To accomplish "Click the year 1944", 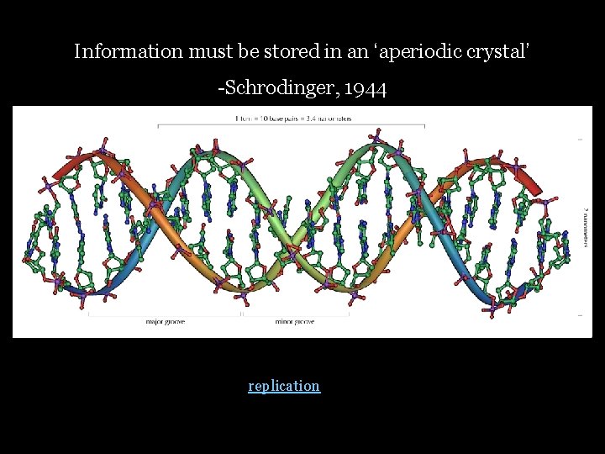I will [365, 88].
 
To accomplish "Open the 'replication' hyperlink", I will [284, 386].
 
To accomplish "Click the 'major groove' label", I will [165, 322].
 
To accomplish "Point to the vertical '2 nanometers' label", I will [586, 223].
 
